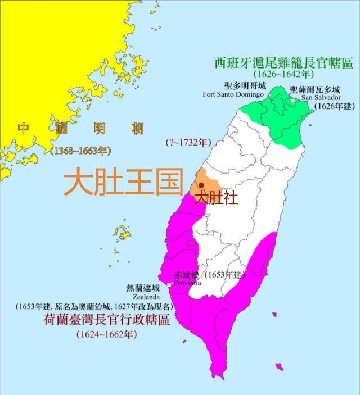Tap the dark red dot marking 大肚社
click(x=201, y=185)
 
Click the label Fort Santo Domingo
click(x=233, y=94)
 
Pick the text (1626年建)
click(x=334, y=106)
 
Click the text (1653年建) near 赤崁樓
click(x=223, y=275)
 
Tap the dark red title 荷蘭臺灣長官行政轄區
click(x=106, y=320)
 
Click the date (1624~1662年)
click(x=106, y=334)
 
